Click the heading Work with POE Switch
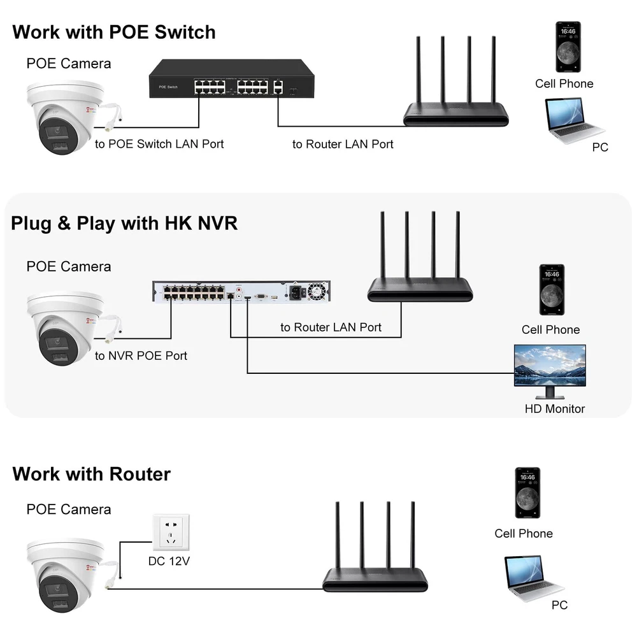tap(113, 32)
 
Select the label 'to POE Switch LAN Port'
tap(159, 144)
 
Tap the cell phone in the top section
tap(568, 47)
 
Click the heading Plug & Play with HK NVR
tap(124, 224)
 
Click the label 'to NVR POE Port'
tap(141, 356)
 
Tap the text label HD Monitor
tap(554, 409)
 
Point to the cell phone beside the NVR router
tap(552, 290)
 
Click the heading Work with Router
tap(91, 475)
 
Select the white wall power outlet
tap(171, 533)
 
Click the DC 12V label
tap(169, 562)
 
